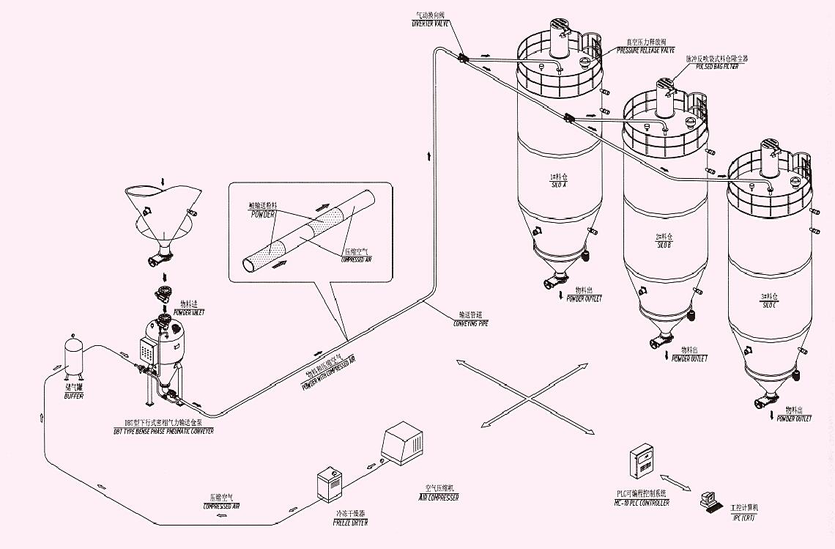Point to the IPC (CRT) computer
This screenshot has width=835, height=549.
point(709,501)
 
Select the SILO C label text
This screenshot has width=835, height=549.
point(770,300)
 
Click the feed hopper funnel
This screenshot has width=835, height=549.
point(161,213)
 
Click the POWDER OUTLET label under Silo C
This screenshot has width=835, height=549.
point(795,415)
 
